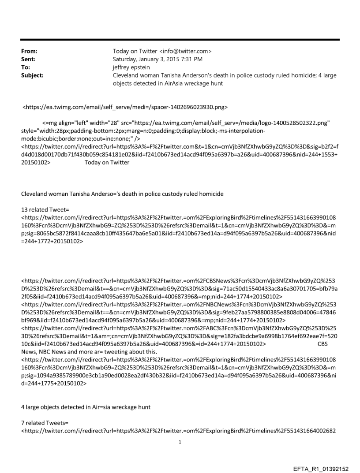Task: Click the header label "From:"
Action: click(29, 51)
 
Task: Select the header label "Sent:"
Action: click(28, 60)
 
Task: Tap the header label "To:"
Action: click(26, 67)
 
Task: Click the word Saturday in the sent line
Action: click(127, 60)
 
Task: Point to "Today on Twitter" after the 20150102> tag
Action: click(105, 162)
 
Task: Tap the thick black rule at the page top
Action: click(180, 40)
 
